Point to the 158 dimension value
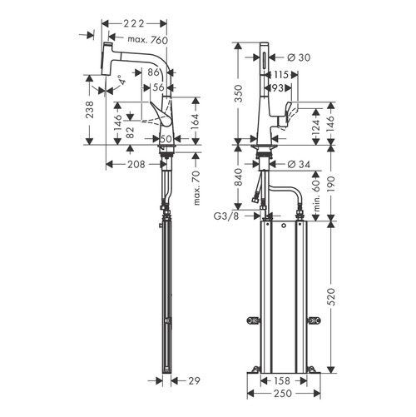(281, 381)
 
